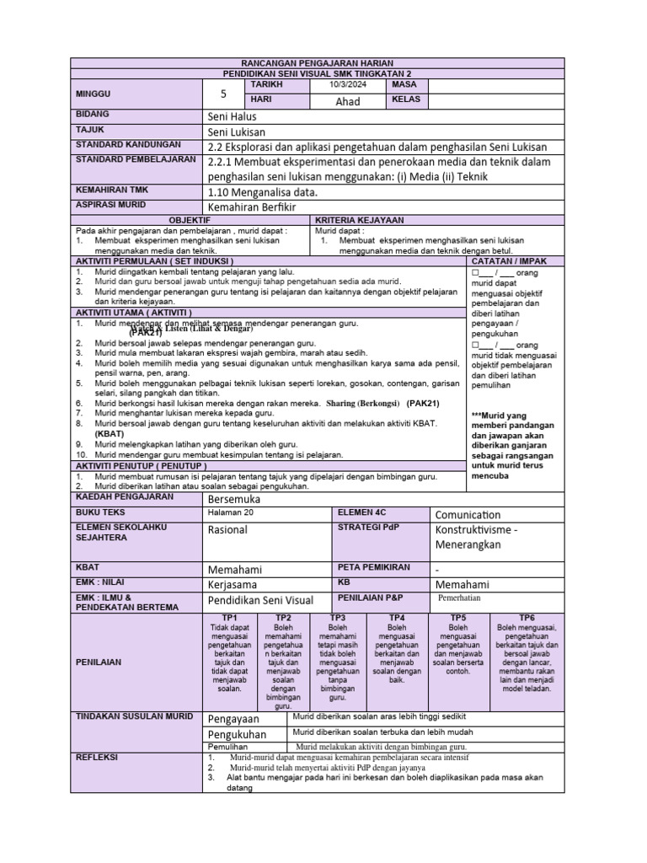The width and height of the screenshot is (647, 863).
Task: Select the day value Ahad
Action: [x=347, y=101]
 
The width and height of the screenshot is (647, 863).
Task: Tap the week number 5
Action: [x=223, y=94]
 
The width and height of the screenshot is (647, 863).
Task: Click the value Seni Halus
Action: [x=232, y=116]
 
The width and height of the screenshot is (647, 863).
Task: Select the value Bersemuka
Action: [x=233, y=499]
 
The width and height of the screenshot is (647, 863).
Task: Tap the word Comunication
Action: [x=468, y=515]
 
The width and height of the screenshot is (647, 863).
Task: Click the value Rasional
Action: [x=227, y=530]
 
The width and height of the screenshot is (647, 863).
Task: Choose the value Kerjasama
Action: [x=233, y=584]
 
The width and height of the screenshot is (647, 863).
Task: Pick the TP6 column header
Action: [x=527, y=618]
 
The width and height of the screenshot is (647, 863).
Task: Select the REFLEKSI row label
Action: [x=98, y=757]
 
